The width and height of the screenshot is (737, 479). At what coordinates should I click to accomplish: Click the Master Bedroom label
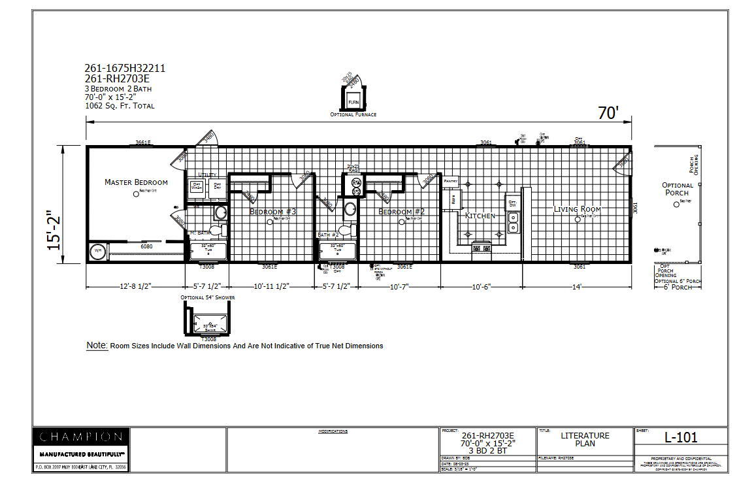pyautogui.click(x=136, y=182)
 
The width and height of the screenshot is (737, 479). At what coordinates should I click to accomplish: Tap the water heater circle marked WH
pyautogui.click(x=98, y=250)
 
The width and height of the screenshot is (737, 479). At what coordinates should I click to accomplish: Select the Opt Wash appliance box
pyautogui.click(x=196, y=186)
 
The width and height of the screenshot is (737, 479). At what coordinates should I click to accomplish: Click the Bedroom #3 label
pyautogui.click(x=272, y=212)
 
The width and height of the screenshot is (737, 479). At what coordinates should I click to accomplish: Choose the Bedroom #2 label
pyautogui.click(x=401, y=212)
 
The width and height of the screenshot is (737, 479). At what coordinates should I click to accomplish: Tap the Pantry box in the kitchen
pyautogui.click(x=451, y=180)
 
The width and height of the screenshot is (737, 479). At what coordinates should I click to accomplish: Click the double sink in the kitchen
pyautogui.click(x=513, y=229)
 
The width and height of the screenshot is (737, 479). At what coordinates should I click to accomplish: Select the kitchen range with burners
pyautogui.click(x=482, y=247)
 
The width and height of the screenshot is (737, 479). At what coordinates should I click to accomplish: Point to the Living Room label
pyautogui.click(x=577, y=209)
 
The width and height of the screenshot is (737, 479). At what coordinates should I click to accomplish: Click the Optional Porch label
pyautogui.click(x=678, y=189)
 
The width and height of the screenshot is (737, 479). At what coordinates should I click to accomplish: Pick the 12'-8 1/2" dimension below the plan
pyautogui.click(x=135, y=286)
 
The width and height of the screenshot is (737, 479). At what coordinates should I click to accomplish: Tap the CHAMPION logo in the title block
pyautogui.click(x=80, y=437)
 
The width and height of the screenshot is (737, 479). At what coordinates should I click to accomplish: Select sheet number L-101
pyautogui.click(x=680, y=437)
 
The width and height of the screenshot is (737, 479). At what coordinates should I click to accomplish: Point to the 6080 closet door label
pyautogui.click(x=146, y=246)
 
